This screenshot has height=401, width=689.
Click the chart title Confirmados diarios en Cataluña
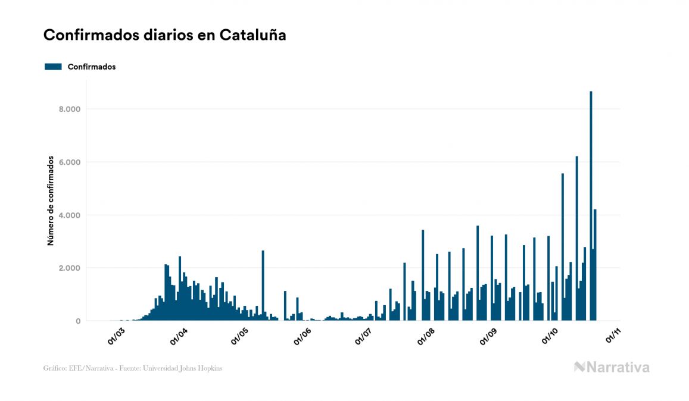165,35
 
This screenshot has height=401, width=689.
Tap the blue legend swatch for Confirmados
53,67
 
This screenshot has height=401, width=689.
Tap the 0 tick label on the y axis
77,321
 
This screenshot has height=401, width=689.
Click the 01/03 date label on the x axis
116,336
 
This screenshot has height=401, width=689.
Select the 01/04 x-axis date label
179,336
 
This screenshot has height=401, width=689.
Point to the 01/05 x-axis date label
240,336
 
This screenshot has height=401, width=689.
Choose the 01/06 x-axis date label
303,336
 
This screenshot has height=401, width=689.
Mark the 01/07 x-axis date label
363,336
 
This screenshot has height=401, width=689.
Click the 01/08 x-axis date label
426,336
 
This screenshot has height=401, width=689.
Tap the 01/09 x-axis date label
489,336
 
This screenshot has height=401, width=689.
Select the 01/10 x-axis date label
550,336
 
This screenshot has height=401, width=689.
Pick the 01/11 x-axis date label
613,336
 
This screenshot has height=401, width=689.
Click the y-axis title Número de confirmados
51,201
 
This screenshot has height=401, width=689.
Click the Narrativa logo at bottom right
612,367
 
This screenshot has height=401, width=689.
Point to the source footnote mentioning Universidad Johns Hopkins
133,368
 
